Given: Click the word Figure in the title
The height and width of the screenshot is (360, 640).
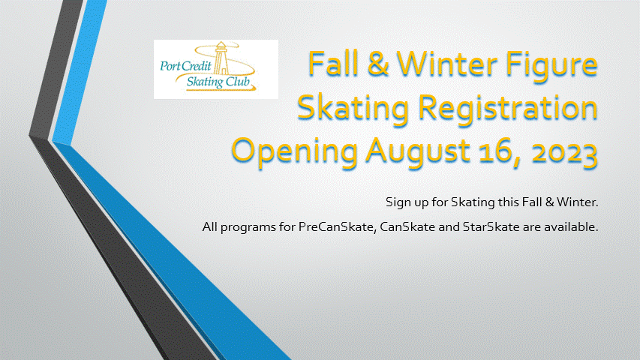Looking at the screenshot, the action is coord(551,66).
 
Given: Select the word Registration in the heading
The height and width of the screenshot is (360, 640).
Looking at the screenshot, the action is coord(508,109).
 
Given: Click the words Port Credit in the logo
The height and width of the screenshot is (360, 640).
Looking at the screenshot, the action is coord(186,65).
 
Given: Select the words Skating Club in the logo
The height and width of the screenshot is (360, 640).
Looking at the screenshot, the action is coord(218,82).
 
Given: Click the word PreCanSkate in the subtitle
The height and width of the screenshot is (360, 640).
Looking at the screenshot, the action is coord(337,226).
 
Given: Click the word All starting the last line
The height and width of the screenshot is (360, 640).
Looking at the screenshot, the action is coord(210,226).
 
